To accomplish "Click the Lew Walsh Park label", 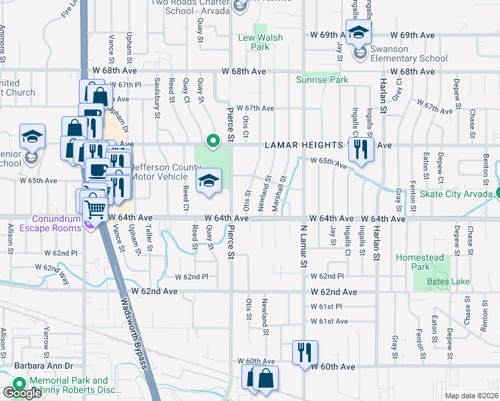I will [x=254, y=42].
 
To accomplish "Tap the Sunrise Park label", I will [x=322, y=80].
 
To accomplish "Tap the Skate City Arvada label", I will [x=462, y=193].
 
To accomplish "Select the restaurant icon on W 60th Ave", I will [x=305, y=353].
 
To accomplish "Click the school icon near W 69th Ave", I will [x=359, y=32].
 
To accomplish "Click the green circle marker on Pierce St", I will [x=213, y=141].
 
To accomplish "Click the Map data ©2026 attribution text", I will [x=471, y=396].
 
